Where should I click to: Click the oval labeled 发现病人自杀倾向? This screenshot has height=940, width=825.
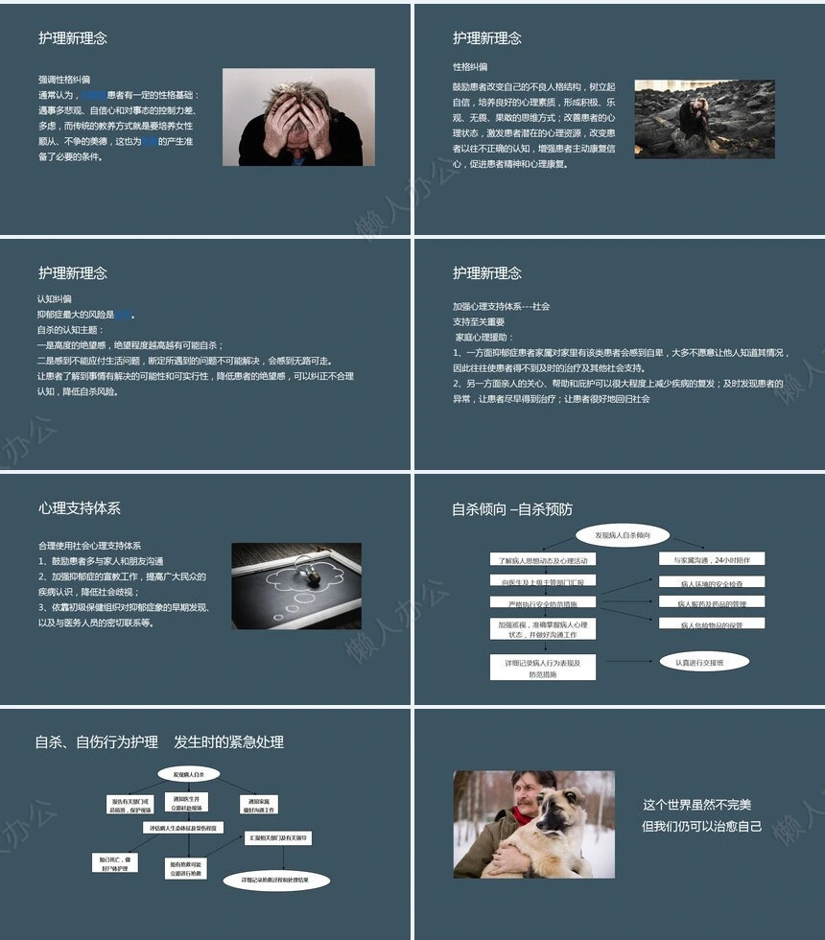622,534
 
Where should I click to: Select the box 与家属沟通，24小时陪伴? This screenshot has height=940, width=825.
712,559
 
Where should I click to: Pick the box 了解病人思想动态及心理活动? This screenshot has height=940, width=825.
543,559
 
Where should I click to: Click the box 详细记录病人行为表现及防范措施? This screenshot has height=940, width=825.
542,668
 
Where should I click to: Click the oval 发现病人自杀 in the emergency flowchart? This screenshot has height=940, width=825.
188,773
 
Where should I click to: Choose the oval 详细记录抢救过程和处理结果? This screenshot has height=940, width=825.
276,880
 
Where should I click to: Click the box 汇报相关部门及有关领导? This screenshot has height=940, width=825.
277,837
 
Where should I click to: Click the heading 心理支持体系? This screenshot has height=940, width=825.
80,508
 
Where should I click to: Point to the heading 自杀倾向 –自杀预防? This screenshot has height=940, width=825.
512,509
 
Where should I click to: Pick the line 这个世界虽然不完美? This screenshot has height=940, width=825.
697,804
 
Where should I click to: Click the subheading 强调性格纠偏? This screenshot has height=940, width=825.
64,80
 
